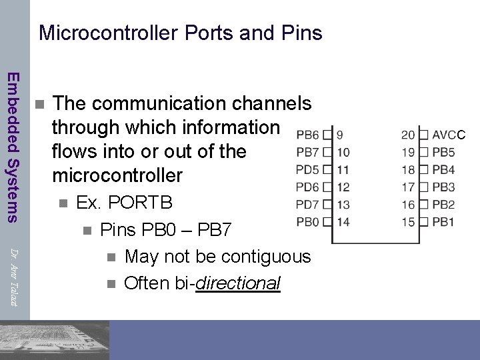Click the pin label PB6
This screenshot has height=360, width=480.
(x=307, y=135)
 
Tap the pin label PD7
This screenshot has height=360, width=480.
(x=307, y=204)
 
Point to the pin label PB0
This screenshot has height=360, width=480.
(x=307, y=221)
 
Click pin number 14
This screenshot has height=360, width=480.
(x=343, y=221)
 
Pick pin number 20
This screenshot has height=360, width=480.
(x=408, y=135)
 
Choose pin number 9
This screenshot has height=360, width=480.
(x=340, y=135)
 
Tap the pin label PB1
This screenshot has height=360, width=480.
(x=443, y=221)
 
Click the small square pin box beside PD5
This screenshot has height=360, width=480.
(x=327, y=169)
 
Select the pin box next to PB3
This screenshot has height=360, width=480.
(x=423, y=187)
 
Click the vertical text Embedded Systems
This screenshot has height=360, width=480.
(x=13, y=146)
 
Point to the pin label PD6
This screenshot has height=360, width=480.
(x=307, y=187)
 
